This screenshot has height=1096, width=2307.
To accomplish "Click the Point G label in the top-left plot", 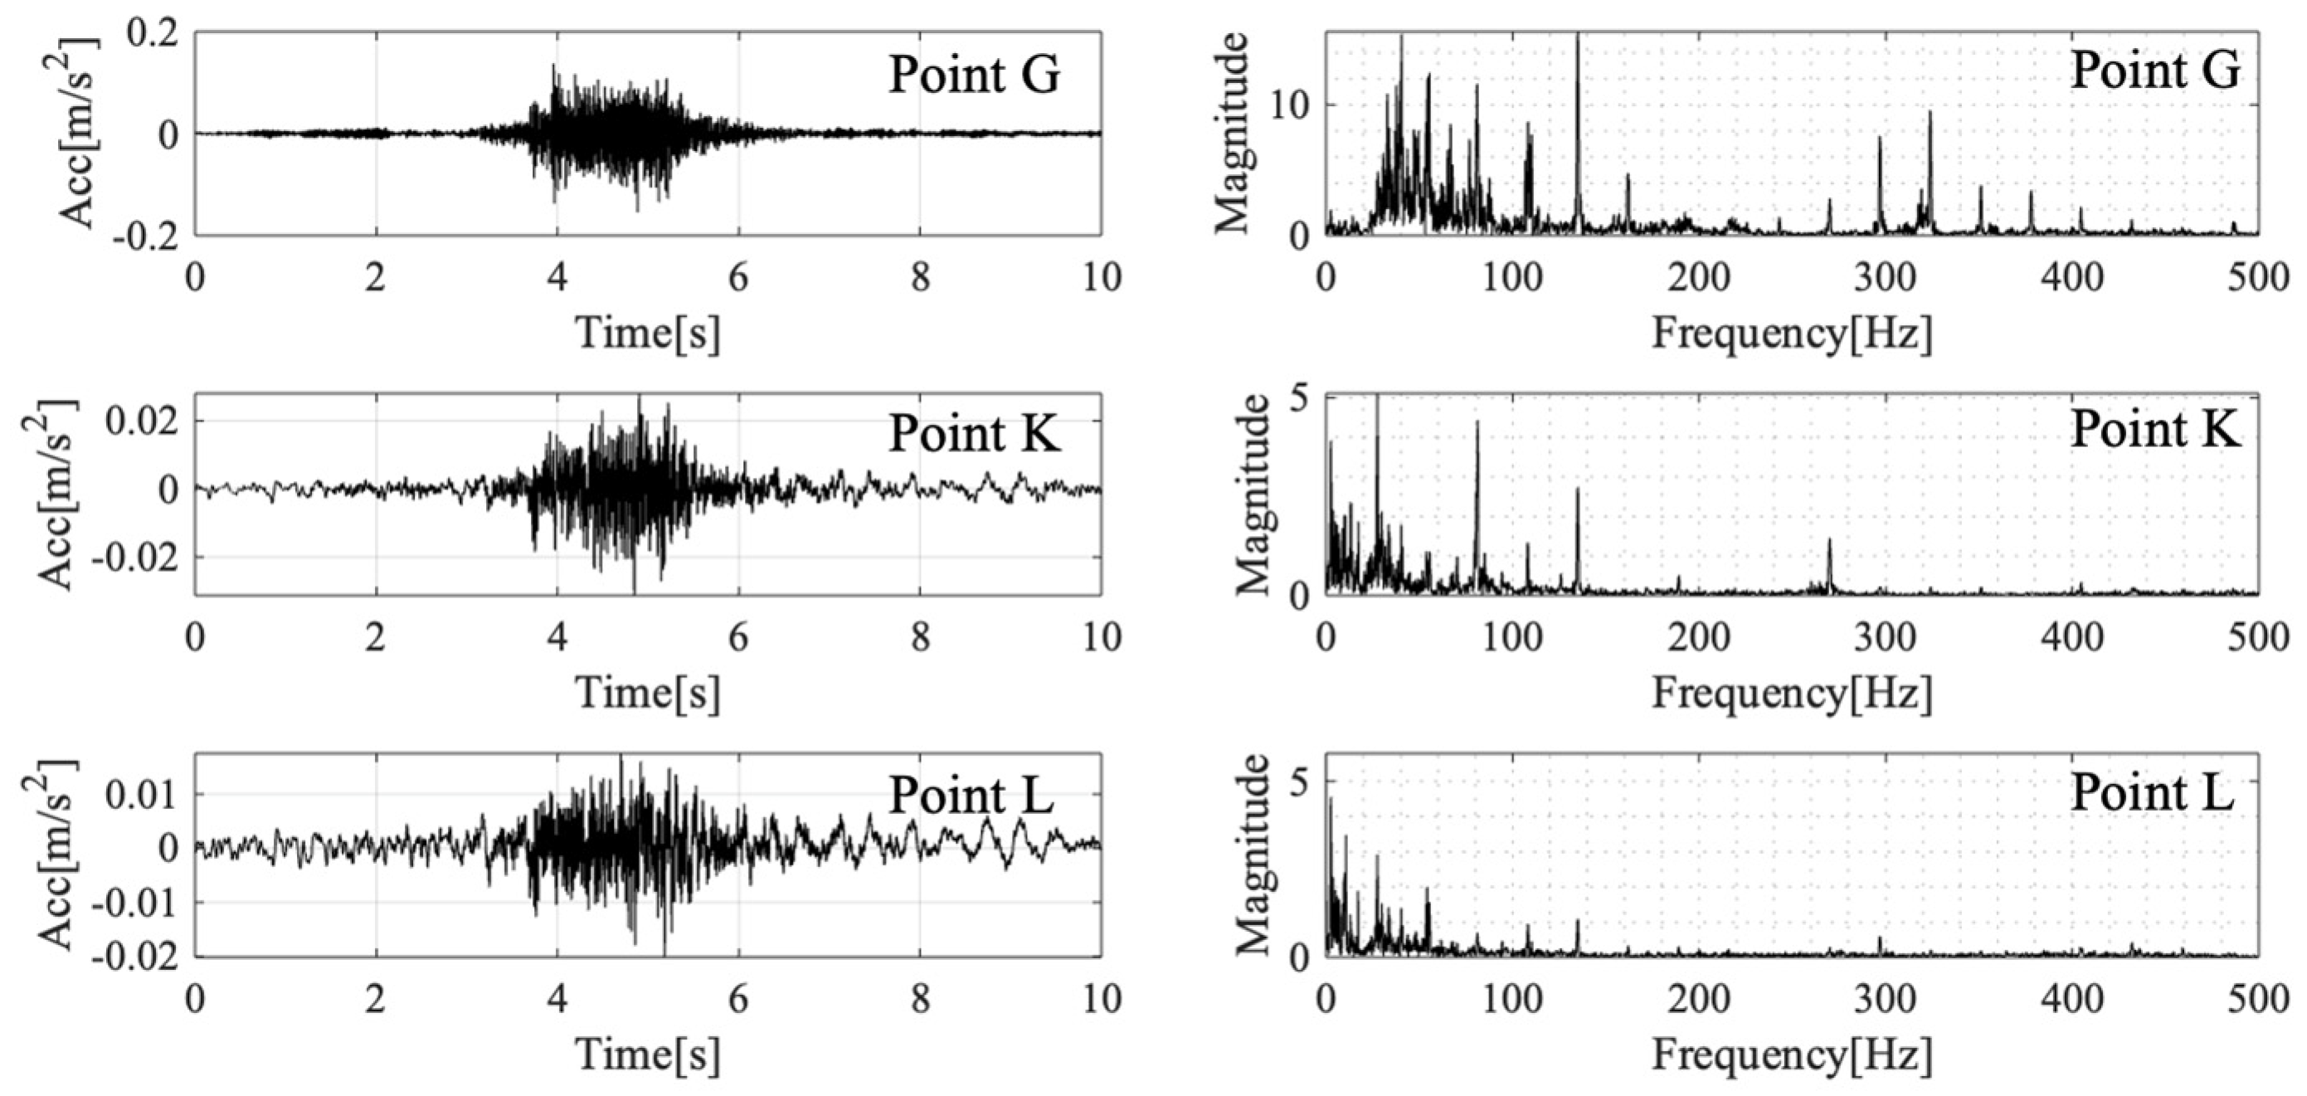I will point(974,76).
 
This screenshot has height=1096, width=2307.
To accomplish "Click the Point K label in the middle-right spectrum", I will point(2154,431).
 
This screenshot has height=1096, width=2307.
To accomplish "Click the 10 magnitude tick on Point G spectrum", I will point(1291,105).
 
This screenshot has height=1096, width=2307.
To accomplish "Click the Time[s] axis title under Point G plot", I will point(648,333).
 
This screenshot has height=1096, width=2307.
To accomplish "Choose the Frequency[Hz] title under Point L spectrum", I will point(1791,1055).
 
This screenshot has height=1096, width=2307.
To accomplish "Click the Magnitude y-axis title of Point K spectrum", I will point(1253,495).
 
